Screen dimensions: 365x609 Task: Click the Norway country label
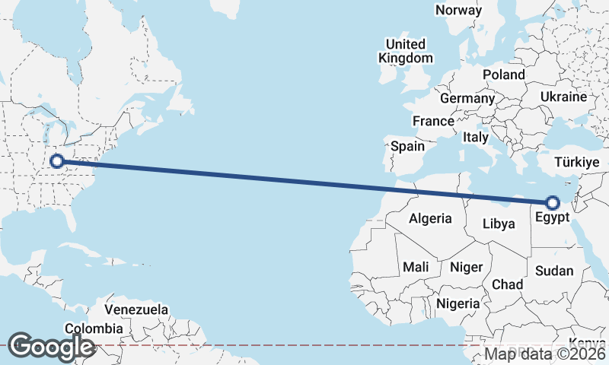pyautogui.click(x=458, y=10)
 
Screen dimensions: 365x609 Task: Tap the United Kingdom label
pyautogui.click(x=406, y=51)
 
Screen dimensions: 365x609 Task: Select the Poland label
pyautogui.click(x=504, y=75)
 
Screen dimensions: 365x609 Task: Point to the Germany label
pyautogui.click(x=467, y=99)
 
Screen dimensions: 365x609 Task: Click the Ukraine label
pyautogui.click(x=563, y=97)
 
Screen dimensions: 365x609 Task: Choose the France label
pyautogui.click(x=433, y=121)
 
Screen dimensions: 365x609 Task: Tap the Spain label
pyautogui.click(x=407, y=146)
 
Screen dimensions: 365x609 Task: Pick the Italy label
pyautogui.click(x=475, y=138)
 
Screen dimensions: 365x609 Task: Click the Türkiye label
pyautogui.click(x=578, y=163)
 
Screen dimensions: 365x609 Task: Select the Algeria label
pyautogui.click(x=430, y=219)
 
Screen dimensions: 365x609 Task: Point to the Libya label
pyautogui.click(x=499, y=224)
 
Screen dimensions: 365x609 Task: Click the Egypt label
pyautogui.click(x=552, y=218)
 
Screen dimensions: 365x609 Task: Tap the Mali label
pyautogui.click(x=416, y=267)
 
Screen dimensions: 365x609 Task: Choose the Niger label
pyautogui.click(x=467, y=267)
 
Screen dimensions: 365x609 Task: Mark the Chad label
pyautogui.click(x=508, y=284)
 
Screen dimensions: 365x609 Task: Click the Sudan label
pyautogui.click(x=554, y=271)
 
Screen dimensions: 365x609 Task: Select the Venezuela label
pyautogui.click(x=136, y=310)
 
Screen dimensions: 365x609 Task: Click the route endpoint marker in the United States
pyautogui.click(x=56, y=160)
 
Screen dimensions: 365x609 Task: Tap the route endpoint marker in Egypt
pyautogui.click(x=552, y=202)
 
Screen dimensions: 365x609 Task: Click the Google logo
pyautogui.click(x=51, y=347)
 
